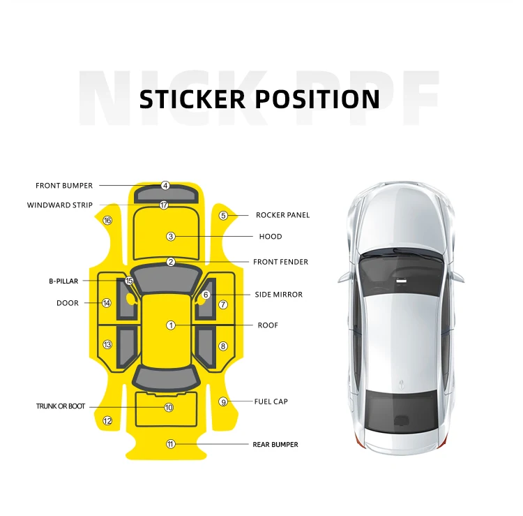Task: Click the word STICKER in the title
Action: (192, 99)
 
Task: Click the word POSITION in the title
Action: (317, 99)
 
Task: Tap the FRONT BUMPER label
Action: (64, 186)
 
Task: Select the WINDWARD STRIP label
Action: (59, 205)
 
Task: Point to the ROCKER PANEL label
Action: (282, 215)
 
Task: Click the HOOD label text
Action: (271, 237)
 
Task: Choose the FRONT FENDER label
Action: (280, 262)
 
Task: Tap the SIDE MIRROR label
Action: (278, 295)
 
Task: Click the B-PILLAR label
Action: (63, 281)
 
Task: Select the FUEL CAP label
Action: (271, 401)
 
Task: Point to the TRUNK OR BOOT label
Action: (61, 406)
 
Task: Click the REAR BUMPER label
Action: (275, 444)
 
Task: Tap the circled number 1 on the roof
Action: (170, 325)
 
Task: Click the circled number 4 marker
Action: (165, 186)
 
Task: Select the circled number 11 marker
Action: (170, 444)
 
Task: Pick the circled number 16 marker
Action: (107, 221)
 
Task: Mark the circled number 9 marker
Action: (223, 401)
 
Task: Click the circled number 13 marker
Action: (107, 345)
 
